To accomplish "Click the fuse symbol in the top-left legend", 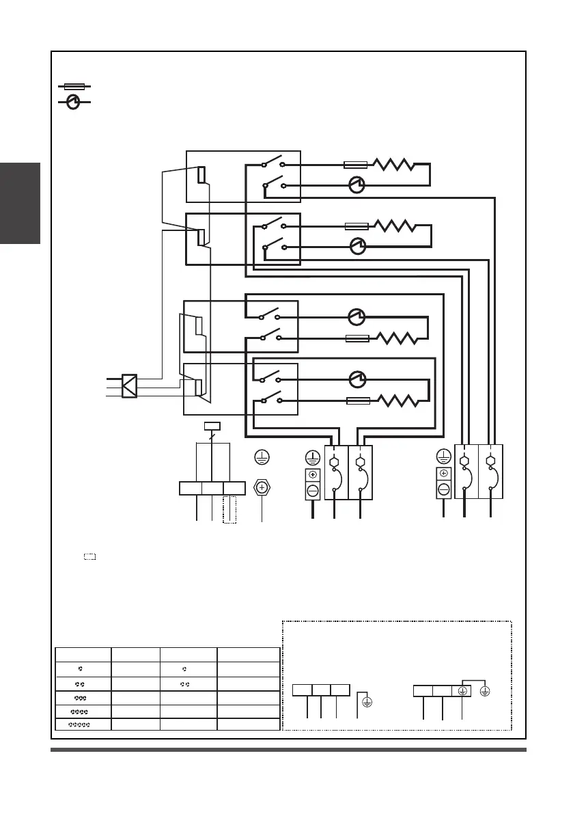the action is [74, 87].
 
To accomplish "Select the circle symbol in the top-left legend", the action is [74, 103].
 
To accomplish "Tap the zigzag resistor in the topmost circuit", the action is [391, 165].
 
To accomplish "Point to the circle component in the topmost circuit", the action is [357, 184].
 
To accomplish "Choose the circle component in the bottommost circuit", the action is [357, 378].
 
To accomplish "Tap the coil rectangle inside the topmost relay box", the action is [201, 174].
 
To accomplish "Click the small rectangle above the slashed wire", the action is [212, 426].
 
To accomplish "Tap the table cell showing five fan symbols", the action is [84, 724].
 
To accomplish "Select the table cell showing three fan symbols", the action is [84, 697].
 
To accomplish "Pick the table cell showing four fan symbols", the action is [84, 711].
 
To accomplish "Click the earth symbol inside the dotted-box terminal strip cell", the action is [462, 690].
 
